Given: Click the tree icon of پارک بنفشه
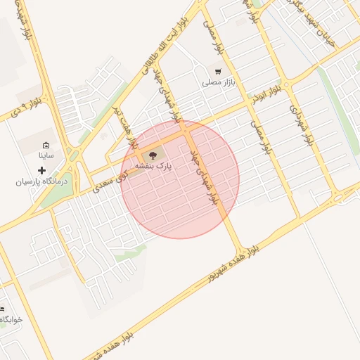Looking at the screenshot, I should (x=153, y=155).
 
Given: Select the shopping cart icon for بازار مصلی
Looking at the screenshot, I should (x=218, y=71).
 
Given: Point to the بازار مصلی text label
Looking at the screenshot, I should (x=217, y=83).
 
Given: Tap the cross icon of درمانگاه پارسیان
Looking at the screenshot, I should (x=41, y=170).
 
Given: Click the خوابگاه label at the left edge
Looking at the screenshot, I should (x=11, y=319).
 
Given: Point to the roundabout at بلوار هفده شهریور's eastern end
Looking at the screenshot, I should (x=340, y=195).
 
